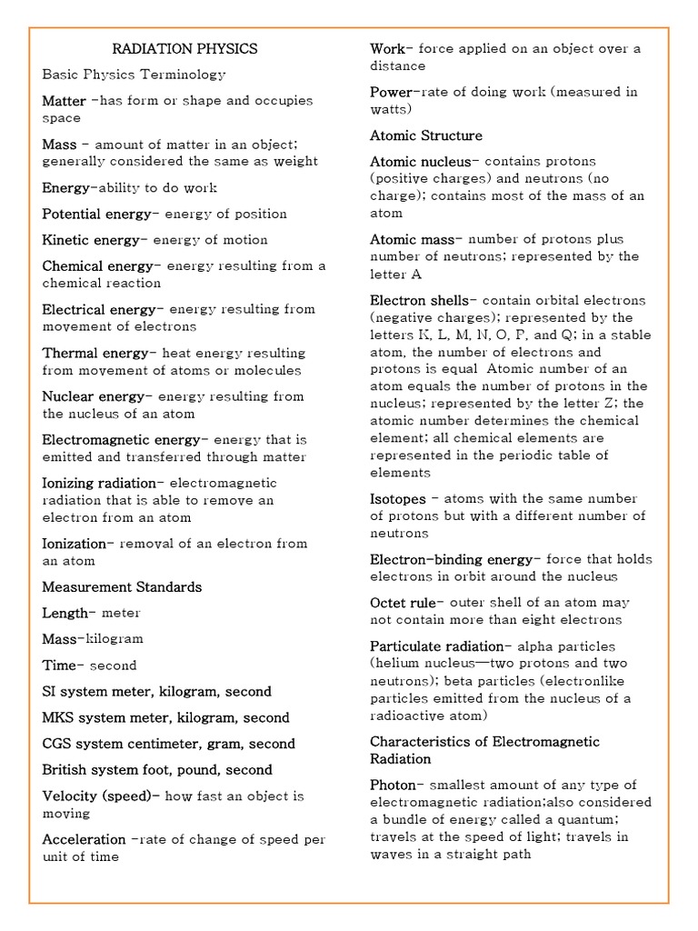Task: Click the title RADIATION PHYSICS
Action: coord(184,49)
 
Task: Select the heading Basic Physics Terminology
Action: coord(134,75)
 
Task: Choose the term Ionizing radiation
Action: coord(103,483)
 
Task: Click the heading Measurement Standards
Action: coord(122,587)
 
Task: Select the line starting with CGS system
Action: coord(168,744)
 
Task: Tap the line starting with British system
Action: coord(157,770)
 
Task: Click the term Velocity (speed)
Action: coord(100,796)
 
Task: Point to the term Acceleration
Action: coord(84,840)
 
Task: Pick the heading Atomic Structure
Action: coord(426,135)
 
